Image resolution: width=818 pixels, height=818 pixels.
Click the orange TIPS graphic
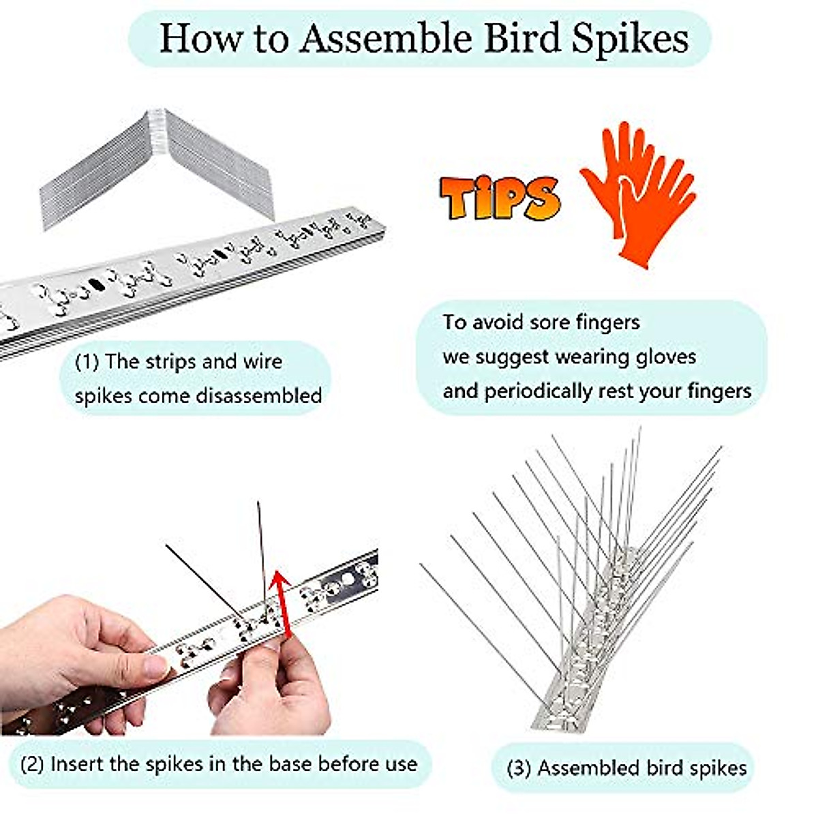(500, 198)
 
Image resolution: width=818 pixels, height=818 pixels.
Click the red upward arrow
(280, 603)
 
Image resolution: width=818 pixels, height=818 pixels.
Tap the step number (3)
(519, 768)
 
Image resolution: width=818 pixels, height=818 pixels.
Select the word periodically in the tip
(538, 391)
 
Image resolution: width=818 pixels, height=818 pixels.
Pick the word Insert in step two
(77, 763)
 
